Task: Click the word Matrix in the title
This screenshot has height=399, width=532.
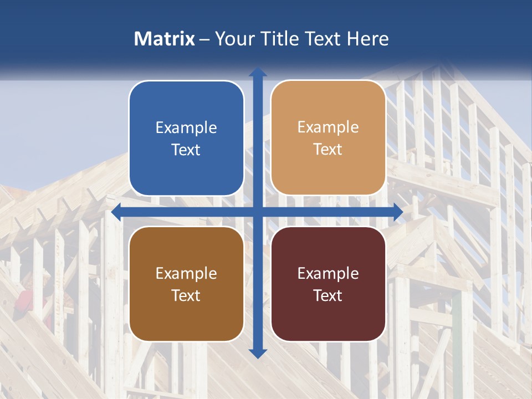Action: [x=165, y=39]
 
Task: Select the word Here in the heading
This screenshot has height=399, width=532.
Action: [x=367, y=39]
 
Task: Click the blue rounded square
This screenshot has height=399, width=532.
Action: [x=186, y=138]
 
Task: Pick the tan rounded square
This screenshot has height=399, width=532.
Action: [x=328, y=138]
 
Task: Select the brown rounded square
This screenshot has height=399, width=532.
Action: [x=186, y=284]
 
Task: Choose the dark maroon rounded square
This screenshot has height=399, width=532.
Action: [x=328, y=284]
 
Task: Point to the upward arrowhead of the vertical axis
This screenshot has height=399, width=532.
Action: [x=258, y=72]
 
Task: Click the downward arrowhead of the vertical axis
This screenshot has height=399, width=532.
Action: [x=258, y=353]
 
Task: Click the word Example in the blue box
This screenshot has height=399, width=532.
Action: [x=186, y=128]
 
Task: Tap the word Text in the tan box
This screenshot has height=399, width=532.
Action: [x=328, y=150]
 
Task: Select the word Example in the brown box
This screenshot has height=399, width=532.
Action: [x=186, y=273]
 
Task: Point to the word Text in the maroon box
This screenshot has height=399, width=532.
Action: [x=328, y=295]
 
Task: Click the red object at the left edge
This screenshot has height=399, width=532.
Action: [x=25, y=299]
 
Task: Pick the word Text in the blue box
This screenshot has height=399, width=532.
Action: [x=186, y=150]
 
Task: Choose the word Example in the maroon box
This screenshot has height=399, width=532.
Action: [x=328, y=273]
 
